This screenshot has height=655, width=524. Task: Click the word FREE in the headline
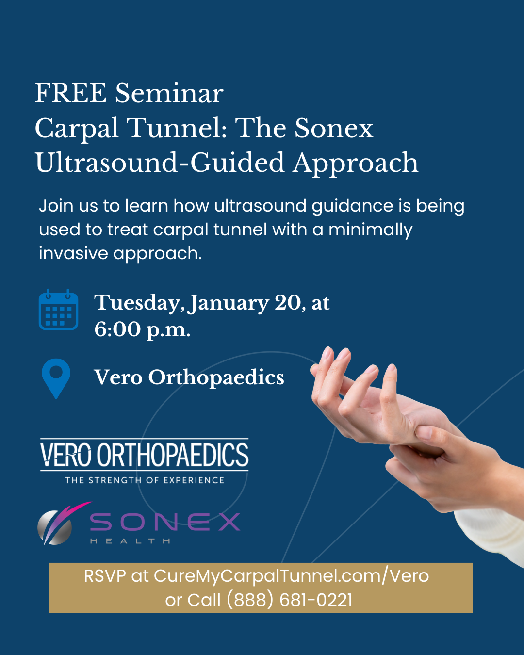[71, 93]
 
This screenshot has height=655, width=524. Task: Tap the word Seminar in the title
[169, 93]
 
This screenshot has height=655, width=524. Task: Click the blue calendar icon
[58, 309]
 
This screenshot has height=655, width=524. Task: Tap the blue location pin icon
[56, 378]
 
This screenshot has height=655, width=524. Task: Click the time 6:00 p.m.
[142, 330]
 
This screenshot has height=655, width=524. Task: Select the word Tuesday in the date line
[139, 303]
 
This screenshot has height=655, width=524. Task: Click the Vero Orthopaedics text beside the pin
[189, 377]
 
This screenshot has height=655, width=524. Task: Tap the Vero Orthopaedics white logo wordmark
[144, 455]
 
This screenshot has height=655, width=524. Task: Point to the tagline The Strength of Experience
[145, 480]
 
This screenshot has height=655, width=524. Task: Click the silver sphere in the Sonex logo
[54, 527]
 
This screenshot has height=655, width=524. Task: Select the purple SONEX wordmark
[165, 522]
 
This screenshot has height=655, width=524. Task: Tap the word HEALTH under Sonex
[130, 541]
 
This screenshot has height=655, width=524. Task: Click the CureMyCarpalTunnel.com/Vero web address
[291, 576]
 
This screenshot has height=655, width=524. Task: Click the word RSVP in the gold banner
[105, 576]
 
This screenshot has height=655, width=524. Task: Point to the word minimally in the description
[371, 230]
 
